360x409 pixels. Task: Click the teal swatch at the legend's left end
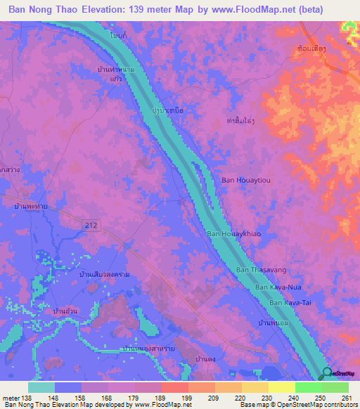41,387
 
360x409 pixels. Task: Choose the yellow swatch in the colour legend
282,387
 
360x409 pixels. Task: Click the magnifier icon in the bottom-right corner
328,374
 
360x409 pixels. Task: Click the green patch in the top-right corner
349,26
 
